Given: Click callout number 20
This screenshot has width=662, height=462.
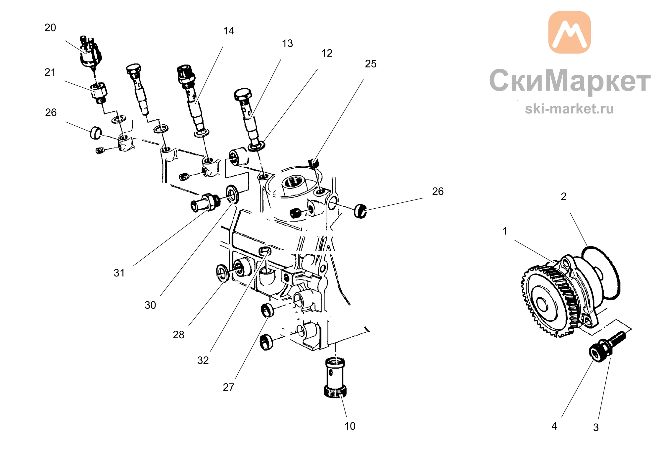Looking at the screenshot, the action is coord(50,28).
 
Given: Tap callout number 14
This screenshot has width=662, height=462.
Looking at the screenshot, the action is coord(229,31).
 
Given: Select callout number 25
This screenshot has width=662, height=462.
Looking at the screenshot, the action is coord(371,64).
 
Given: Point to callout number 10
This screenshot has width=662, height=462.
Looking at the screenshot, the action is coord(350,426).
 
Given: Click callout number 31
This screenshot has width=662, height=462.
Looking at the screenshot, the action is coord(119,273).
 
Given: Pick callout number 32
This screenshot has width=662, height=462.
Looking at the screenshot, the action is coord(203,360).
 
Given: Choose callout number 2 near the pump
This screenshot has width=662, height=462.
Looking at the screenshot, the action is coord(564,197).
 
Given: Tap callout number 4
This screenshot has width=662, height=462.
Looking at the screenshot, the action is coord(554,426).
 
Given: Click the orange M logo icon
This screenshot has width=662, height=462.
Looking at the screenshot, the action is coord(570,32).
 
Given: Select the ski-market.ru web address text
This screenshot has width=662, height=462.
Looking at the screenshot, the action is coord(569,109).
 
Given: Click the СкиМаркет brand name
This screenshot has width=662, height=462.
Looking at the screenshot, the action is coord(570,80).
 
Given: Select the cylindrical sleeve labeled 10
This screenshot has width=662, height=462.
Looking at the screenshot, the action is coord(335,378).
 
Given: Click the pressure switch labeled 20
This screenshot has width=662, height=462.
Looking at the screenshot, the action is coord(90,53).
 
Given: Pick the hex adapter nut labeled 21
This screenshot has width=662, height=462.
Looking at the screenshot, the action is coord(99,93).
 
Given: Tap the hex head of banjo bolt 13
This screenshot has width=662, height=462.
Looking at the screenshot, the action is coord(243,94).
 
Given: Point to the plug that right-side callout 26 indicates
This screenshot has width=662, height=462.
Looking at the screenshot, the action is coord(360,211).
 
